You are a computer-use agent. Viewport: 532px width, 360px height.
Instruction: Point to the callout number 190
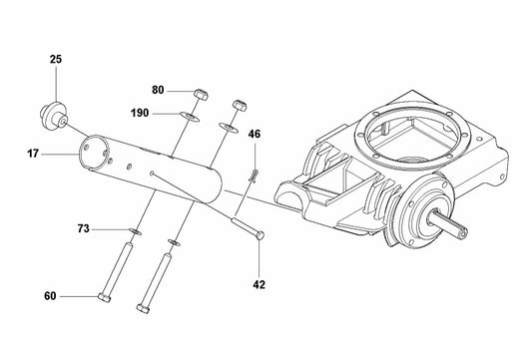click(139, 113)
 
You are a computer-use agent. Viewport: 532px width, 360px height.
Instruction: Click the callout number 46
click(254, 134)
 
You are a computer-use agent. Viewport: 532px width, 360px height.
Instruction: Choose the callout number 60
click(50, 296)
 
